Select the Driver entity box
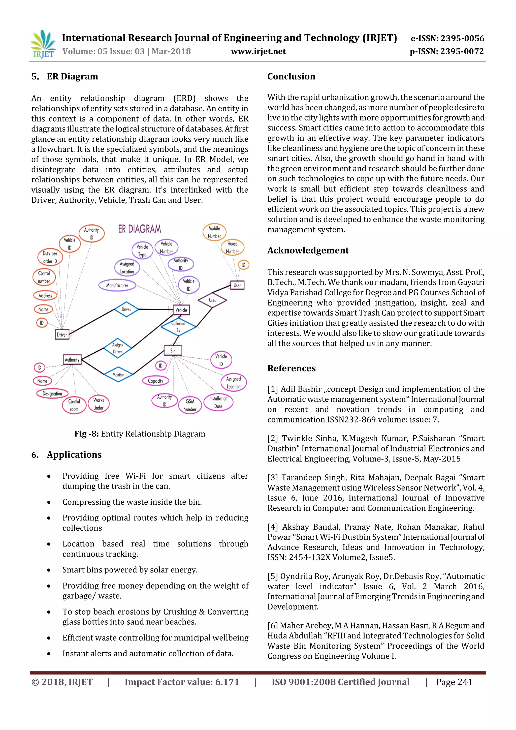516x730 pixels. click(62, 334)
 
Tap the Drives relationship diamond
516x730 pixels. click(126, 309)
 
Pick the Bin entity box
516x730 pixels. click(173, 350)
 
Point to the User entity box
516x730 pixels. click(237, 285)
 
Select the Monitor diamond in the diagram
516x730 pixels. click(118, 375)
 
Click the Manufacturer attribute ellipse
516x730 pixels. click(117, 285)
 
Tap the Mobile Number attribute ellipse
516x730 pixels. click(214, 232)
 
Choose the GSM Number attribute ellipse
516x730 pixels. click(190, 405)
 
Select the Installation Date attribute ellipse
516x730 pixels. click(218, 402)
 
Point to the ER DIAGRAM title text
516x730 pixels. click(140, 229)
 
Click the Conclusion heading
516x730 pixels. click(291, 76)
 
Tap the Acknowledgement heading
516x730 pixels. click(308, 250)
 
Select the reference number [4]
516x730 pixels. click(273, 527)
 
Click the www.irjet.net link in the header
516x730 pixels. click(258, 51)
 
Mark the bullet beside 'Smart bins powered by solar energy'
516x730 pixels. click(49, 570)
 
